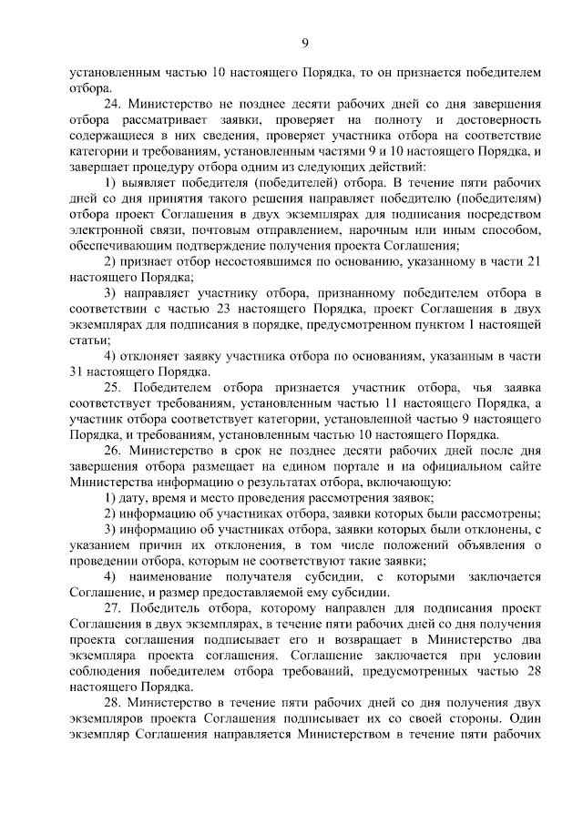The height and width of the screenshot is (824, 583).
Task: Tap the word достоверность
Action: pos(497,120)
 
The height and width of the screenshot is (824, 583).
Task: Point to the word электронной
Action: pos(102,229)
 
